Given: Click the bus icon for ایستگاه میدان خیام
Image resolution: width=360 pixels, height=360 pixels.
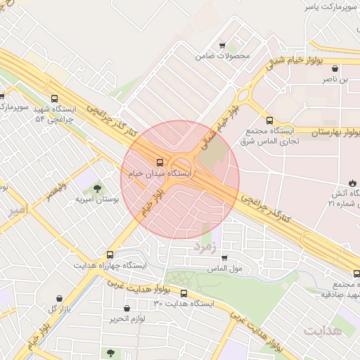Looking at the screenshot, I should coord(160,162).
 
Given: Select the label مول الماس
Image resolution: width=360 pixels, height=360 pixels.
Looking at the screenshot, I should coord(225,269).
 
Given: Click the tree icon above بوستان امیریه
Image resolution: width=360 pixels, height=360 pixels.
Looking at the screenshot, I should coord(97,188).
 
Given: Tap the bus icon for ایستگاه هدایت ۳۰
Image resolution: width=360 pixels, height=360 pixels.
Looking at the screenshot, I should coord(184,293).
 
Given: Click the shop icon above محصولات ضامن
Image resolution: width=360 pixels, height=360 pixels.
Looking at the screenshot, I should coord(223,44).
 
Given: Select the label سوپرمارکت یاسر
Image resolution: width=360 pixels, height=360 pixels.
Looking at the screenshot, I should coord(326,6).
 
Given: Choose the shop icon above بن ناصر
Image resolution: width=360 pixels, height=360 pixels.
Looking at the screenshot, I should coord(335,69).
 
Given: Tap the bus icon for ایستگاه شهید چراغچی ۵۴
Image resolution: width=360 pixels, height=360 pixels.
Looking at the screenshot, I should coord(54,100).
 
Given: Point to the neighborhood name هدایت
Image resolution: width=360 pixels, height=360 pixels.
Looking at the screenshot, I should coord(323,330).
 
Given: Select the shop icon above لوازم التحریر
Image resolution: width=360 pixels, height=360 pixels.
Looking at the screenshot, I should coord(127,308).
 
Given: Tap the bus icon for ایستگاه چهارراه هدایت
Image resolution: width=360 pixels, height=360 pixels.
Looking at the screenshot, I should coord(110,255).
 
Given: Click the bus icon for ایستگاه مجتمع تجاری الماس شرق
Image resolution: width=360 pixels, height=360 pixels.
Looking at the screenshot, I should coord(269,120).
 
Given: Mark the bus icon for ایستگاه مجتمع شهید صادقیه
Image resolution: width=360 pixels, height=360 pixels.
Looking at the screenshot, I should coord(356,273).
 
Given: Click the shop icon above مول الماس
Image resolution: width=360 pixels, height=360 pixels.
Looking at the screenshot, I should coord(224,258).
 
